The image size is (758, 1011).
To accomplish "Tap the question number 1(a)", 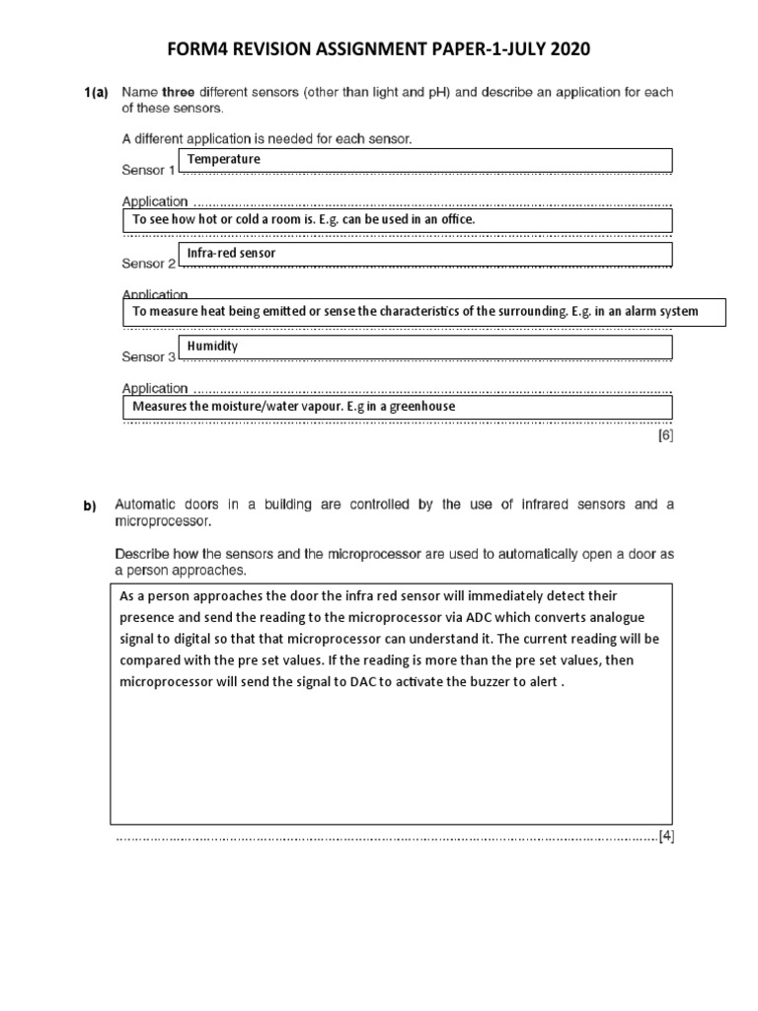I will point(98,93).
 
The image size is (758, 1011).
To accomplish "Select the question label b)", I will point(91,506).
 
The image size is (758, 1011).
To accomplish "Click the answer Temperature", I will point(224,159).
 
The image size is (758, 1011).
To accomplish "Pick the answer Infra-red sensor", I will point(231,253).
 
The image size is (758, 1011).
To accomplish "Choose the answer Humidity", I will point(212,347).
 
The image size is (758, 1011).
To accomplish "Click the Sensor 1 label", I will point(148,170).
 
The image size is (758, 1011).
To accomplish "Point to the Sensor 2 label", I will point(148,264).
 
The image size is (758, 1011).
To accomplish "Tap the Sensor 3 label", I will point(148,356).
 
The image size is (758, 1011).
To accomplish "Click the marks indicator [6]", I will point(666,433).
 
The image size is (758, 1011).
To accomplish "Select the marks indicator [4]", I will point(666,836).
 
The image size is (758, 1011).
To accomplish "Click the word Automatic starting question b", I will point(149,505).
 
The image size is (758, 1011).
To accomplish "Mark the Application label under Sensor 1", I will point(154,201).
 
